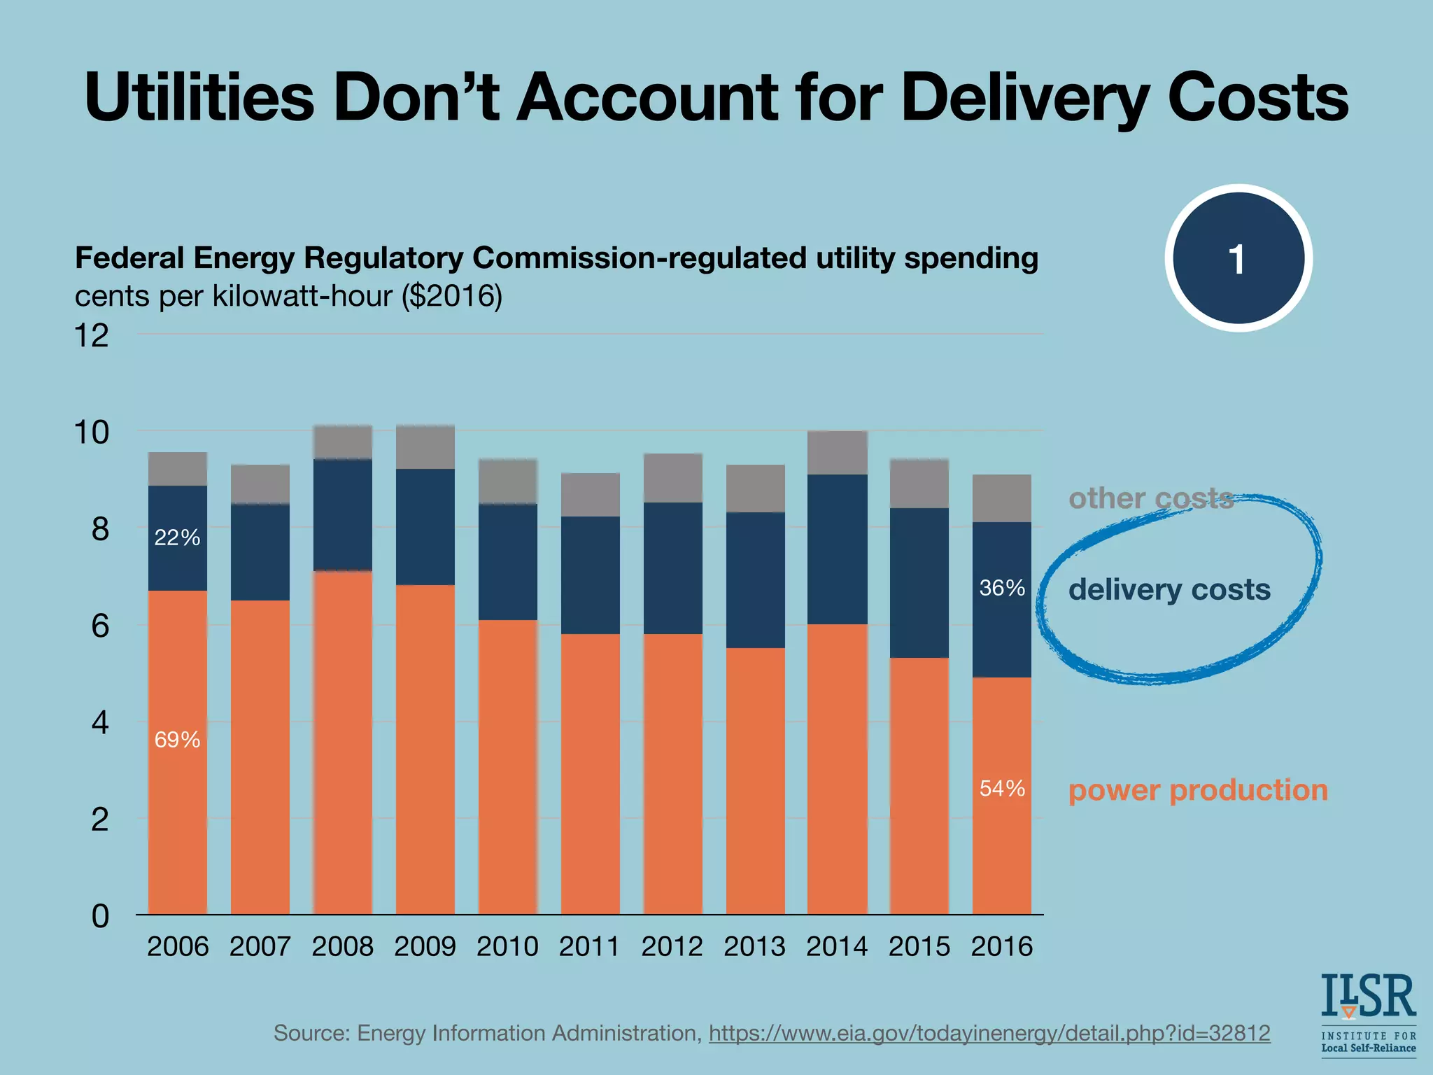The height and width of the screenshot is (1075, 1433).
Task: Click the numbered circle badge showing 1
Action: click(1238, 258)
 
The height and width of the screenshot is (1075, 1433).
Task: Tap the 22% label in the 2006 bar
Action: click(177, 537)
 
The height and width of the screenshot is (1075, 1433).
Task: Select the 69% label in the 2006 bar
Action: click(177, 740)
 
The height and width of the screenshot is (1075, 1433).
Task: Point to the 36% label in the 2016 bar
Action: click(1002, 588)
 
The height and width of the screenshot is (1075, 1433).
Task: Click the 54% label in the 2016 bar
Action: click(1002, 789)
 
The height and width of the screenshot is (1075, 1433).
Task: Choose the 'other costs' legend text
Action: click(1151, 498)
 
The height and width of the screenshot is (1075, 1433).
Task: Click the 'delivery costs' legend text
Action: click(1169, 589)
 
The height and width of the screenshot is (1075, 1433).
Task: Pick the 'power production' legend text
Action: click(1198, 790)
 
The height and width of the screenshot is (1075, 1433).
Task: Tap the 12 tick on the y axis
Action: click(92, 336)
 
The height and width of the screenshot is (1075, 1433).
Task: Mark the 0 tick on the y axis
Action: click(100, 916)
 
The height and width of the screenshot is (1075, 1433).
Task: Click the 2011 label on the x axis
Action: click(589, 947)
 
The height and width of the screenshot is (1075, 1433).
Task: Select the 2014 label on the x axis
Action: click(837, 947)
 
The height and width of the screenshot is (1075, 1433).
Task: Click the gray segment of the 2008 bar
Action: click(343, 442)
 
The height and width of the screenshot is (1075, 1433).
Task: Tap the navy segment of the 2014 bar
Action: click(838, 549)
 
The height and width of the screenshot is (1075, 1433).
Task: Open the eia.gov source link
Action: click(989, 1033)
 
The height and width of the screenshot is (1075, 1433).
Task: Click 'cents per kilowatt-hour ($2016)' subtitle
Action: click(288, 296)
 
